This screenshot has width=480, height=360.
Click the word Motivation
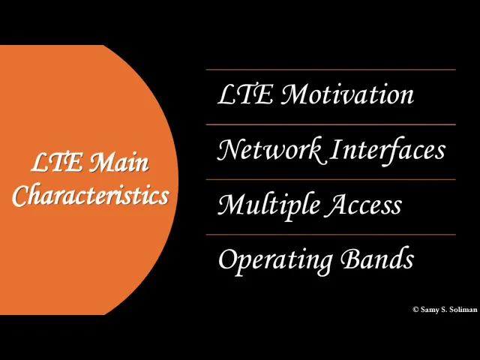click(x=346, y=95)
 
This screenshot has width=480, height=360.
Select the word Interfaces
click(x=388, y=150)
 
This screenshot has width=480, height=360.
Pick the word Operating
click(x=275, y=260)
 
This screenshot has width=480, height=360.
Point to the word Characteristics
click(x=90, y=196)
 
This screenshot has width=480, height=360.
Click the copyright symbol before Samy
click(x=415, y=310)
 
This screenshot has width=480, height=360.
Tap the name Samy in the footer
click(x=430, y=310)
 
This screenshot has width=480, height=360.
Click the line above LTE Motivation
click(x=331, y=70)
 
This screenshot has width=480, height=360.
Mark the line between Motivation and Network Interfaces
click(x=331, y=124)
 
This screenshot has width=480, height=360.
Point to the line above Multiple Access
click(x=331, y=179)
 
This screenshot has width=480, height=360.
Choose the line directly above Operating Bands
click(x=331, y=235)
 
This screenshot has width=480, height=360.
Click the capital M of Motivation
click(x=292, y=95)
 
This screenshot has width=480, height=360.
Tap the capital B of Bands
click(x=349, y=259)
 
